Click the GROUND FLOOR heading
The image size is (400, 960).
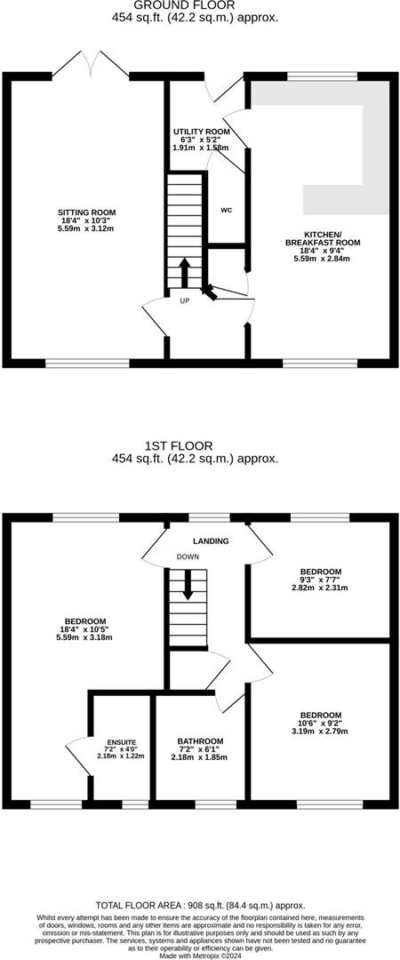(x=200, y=5)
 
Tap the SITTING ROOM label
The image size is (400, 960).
(x=87, y=212)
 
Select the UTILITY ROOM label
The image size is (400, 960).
(x=202, y=131)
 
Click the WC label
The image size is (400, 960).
(x=226, y=211)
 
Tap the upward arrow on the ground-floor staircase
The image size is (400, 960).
(x=185, y=272)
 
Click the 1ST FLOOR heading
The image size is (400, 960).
(x=200, y=446)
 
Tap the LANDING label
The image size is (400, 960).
(x=211, y=540)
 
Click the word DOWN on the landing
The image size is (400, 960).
(x=188, y=556)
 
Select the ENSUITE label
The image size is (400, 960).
(x=122, y=740)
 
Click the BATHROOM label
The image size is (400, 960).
(x=200, y=740)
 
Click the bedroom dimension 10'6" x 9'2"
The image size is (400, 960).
(x=320, y=724)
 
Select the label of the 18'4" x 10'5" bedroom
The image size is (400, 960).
(x=85, y=620)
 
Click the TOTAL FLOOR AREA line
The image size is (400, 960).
(x=200, y=905)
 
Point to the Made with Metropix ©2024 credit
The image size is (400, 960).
(x=200, y=954)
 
